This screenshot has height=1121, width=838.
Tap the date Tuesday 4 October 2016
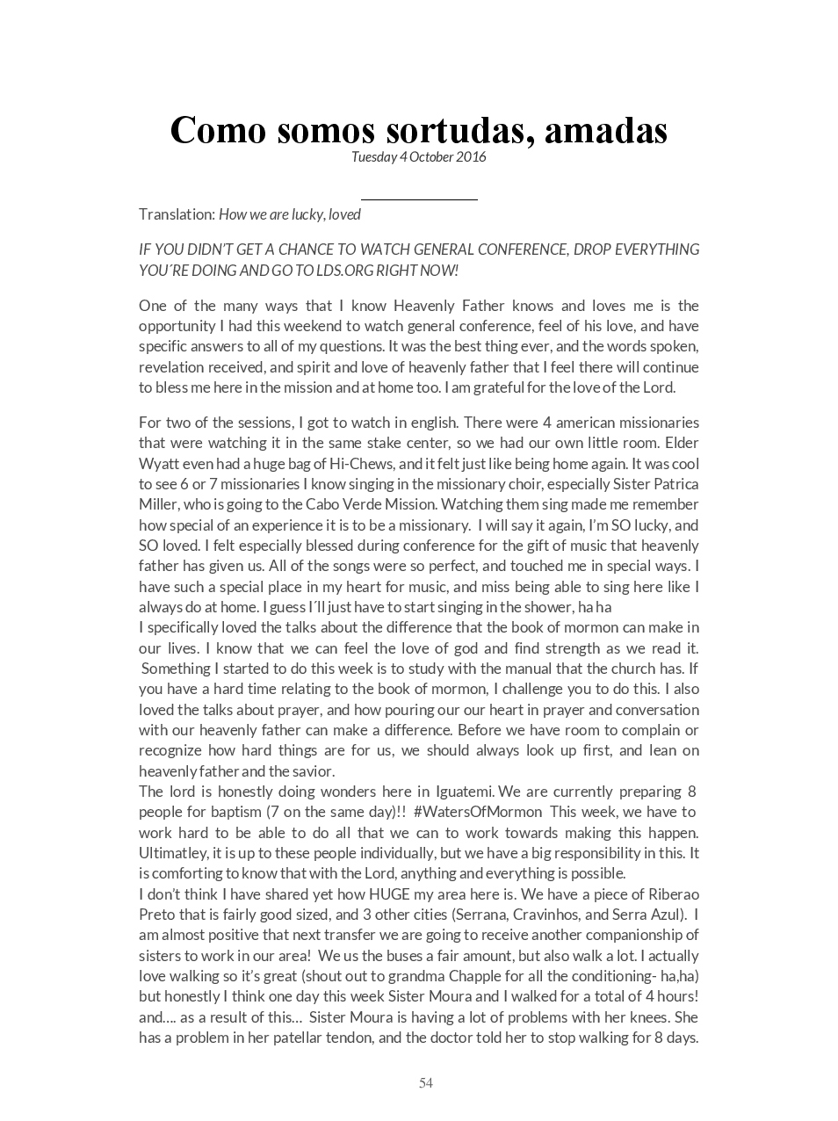(418, 157)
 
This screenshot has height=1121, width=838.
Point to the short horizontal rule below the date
(419, 200)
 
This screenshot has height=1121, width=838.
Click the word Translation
(177, 214)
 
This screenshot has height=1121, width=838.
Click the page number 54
(426, 1083)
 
